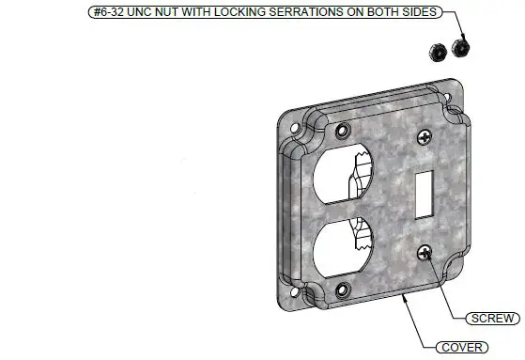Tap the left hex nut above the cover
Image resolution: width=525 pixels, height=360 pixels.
click(x=437, y=50)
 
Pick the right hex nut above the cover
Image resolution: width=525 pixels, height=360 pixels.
click(x=460, y=47)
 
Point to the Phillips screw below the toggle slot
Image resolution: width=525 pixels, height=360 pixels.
click(x=425, y=251)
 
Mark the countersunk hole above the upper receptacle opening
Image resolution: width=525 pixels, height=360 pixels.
click(x=340, y=128)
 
